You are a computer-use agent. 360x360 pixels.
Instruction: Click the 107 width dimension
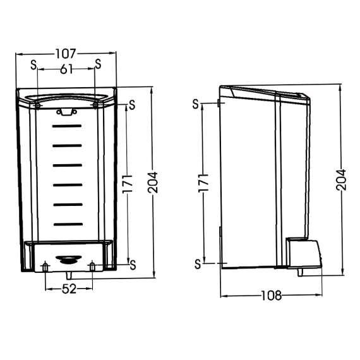[x=66, y=54]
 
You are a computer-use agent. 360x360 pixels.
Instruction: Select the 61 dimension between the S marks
[x=66, y=69]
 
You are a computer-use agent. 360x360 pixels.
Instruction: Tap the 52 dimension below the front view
[x=69, y=289]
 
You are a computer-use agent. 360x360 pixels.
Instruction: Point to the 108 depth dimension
[x=271, y=295]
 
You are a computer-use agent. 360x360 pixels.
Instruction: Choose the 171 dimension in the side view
[x=203, y=183]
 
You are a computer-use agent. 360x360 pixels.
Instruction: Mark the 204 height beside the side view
[x=341, y=181]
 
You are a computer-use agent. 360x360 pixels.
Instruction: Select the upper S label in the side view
[x=196, y=103]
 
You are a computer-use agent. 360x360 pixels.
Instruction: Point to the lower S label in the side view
[x=198, y=263]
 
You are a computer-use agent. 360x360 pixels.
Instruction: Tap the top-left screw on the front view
[x=39, y=105]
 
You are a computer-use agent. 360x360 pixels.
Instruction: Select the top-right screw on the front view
[x=95, y=105]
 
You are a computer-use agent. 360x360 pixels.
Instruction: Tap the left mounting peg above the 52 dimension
[x=45, y=267]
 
